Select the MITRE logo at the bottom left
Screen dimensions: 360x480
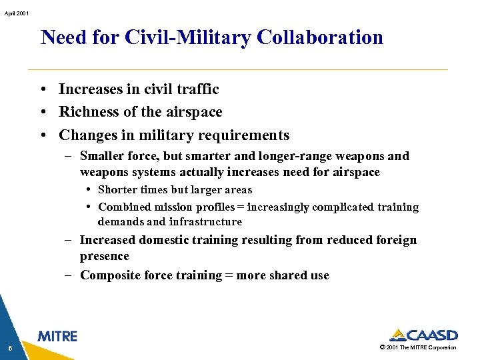click(57, 337)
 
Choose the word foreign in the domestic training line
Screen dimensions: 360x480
click(394, 240)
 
